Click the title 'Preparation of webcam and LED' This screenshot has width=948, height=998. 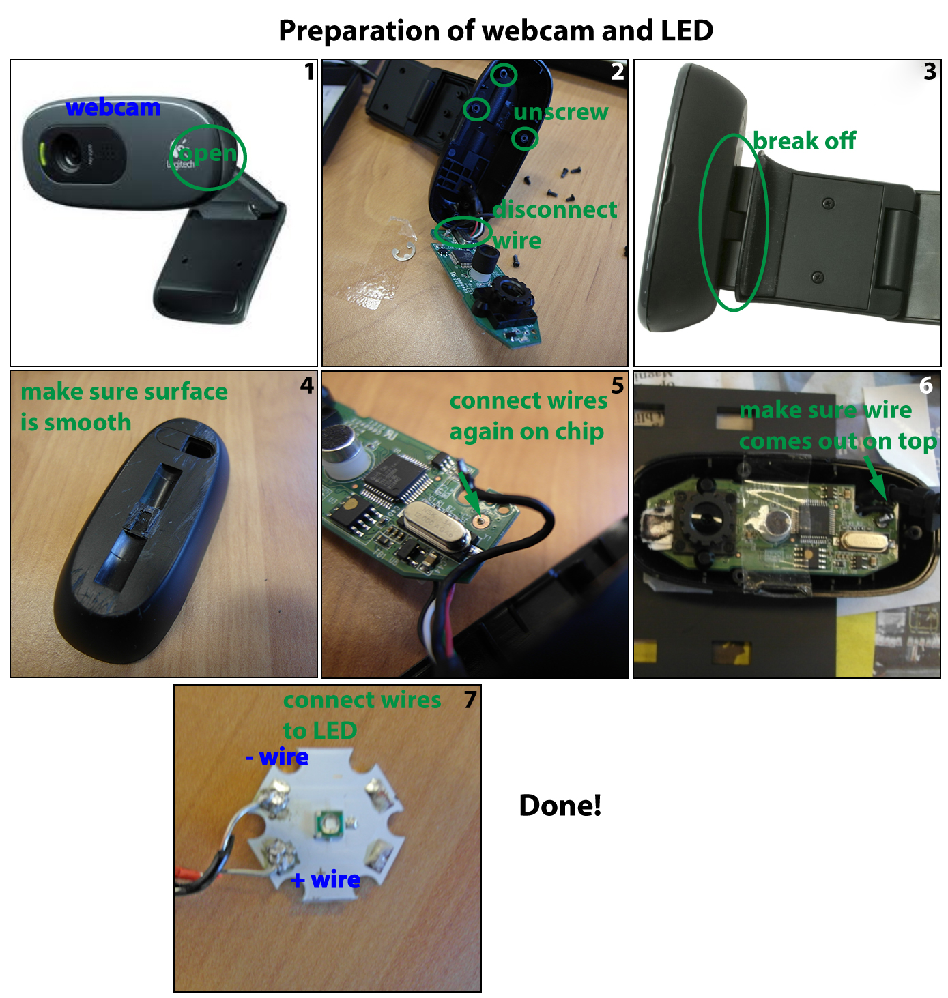(495, 31)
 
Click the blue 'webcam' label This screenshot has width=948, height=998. (113, 108)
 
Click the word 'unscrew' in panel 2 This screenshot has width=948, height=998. (560, 112)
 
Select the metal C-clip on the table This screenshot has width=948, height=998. (404, 250)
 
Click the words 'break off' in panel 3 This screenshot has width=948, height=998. (804, 141)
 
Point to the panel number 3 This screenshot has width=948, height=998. (930, 72)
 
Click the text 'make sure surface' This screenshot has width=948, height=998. (124, 392)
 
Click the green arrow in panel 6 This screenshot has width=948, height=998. (875, 476)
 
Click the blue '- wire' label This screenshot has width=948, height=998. (277, 757)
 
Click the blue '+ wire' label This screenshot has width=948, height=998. (325, 880)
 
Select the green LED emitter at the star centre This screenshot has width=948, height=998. (328, 823)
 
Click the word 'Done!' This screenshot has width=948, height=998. (560, 806)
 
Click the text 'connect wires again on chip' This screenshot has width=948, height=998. (528, 416)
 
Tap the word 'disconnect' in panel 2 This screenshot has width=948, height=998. (555, 209)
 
